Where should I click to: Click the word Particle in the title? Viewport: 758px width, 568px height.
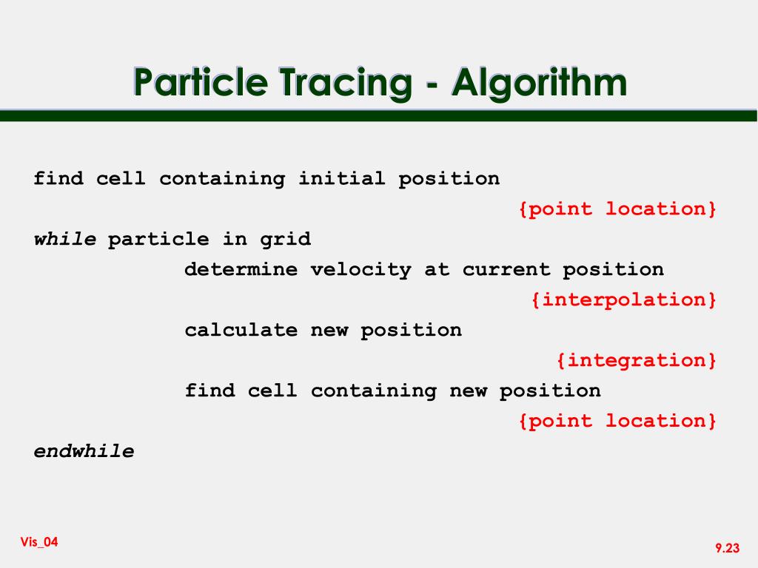(200, 81)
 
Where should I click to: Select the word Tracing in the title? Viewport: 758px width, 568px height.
(345, 83)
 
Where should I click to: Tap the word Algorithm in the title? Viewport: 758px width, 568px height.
(539, 83)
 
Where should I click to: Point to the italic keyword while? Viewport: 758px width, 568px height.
(65, 239)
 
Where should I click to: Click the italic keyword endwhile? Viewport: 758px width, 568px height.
(84, 451)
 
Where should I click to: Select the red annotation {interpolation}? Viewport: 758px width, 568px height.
(623, 300)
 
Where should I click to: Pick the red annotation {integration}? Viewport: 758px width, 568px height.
(636, 360)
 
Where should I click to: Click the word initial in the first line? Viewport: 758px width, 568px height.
(341, 178)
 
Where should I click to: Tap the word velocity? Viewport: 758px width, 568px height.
(361, 270)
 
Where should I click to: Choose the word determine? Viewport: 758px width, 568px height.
(241, 269)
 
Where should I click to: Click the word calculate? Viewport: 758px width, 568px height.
(241, 330)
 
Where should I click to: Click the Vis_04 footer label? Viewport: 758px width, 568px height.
(39, 542)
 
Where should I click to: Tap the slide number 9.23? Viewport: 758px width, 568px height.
(728, 548)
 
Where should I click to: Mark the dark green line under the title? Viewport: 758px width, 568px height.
(378, 115)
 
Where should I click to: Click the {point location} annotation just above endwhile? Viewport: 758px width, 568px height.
(617, 421)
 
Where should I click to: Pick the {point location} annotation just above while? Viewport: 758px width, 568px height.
(617, 209)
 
